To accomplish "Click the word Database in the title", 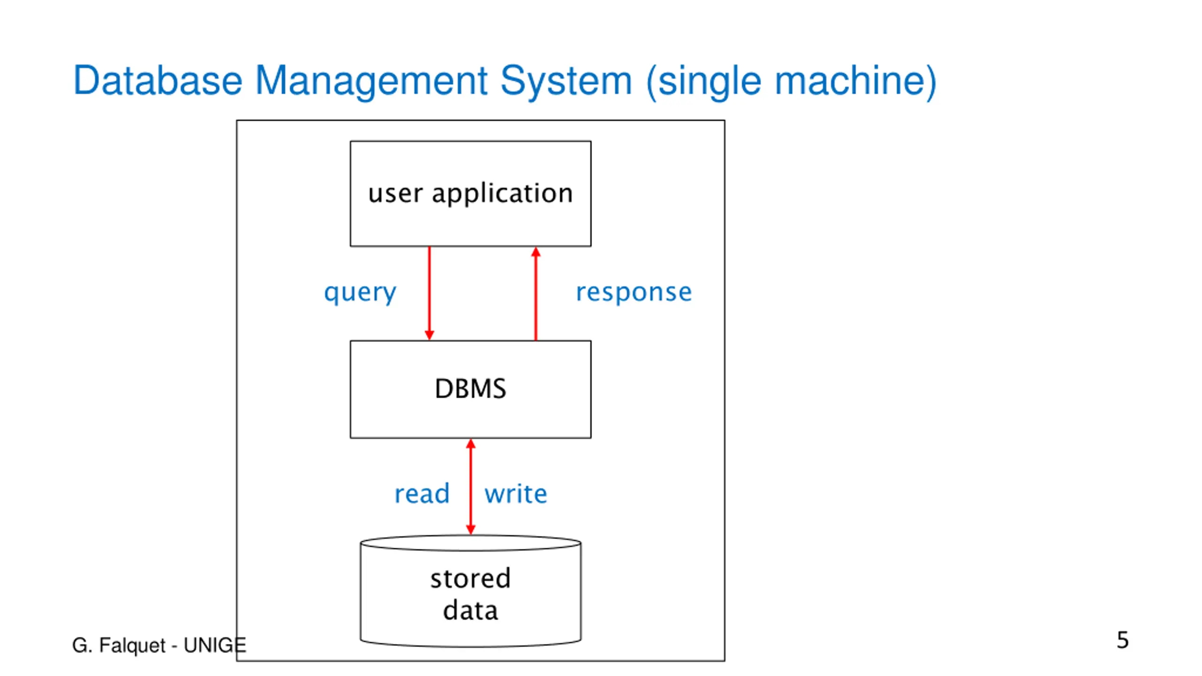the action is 158,80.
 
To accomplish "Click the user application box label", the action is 470,193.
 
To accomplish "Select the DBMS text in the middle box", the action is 470,389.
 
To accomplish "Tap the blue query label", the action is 360,293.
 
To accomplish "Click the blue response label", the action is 634,293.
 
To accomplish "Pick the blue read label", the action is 422,493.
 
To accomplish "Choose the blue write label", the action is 516,493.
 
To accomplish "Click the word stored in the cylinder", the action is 470,578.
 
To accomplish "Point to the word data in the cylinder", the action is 470,610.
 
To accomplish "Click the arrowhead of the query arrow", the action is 429,335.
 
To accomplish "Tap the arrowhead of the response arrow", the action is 536,252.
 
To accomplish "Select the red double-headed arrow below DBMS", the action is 470,487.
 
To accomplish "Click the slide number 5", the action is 1123,640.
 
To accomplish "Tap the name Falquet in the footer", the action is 132,646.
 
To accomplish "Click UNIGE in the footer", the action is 215,645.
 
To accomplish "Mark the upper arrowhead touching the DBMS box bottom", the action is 470,444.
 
